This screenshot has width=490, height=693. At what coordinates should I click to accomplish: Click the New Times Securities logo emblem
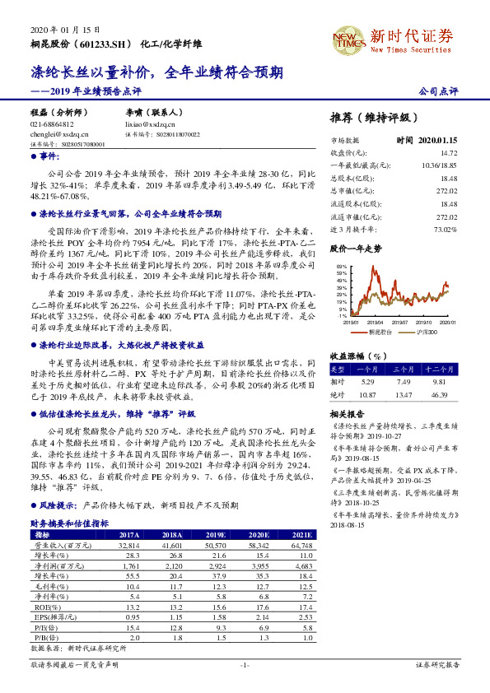(347, 37)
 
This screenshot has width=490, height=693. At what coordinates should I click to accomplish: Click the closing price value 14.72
(447, 153)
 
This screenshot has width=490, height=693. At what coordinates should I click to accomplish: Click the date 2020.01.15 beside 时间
(437, 141)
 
